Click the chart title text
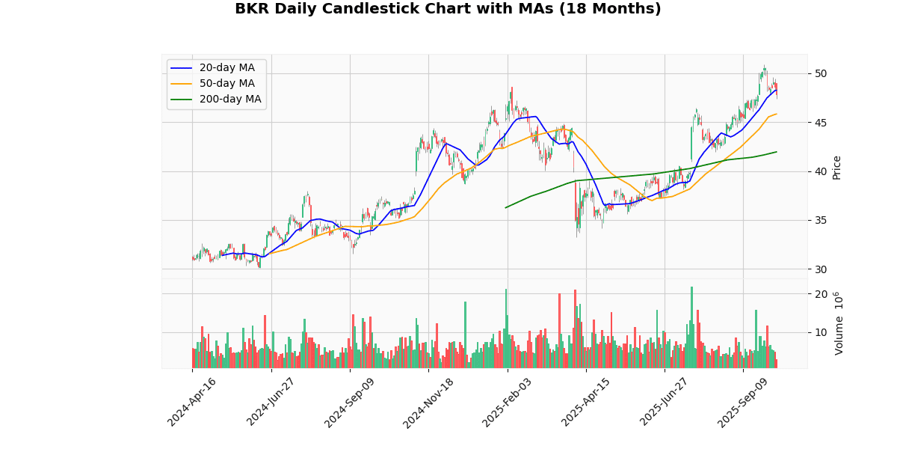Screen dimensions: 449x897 (448, 9)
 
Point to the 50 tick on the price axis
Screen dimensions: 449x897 (820, 73)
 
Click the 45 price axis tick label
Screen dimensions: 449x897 (820, 123)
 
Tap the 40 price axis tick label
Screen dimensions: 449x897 (820, 171)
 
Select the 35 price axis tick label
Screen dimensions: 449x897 (820, 220)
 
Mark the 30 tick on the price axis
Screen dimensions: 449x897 (820, 269)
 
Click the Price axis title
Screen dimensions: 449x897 (837, 167)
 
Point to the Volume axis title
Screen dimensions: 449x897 (839, 323)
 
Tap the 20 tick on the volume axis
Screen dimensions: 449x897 (820, 293)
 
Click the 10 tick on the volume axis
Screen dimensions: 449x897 (820, 332)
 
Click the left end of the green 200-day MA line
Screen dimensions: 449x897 (506, 207)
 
